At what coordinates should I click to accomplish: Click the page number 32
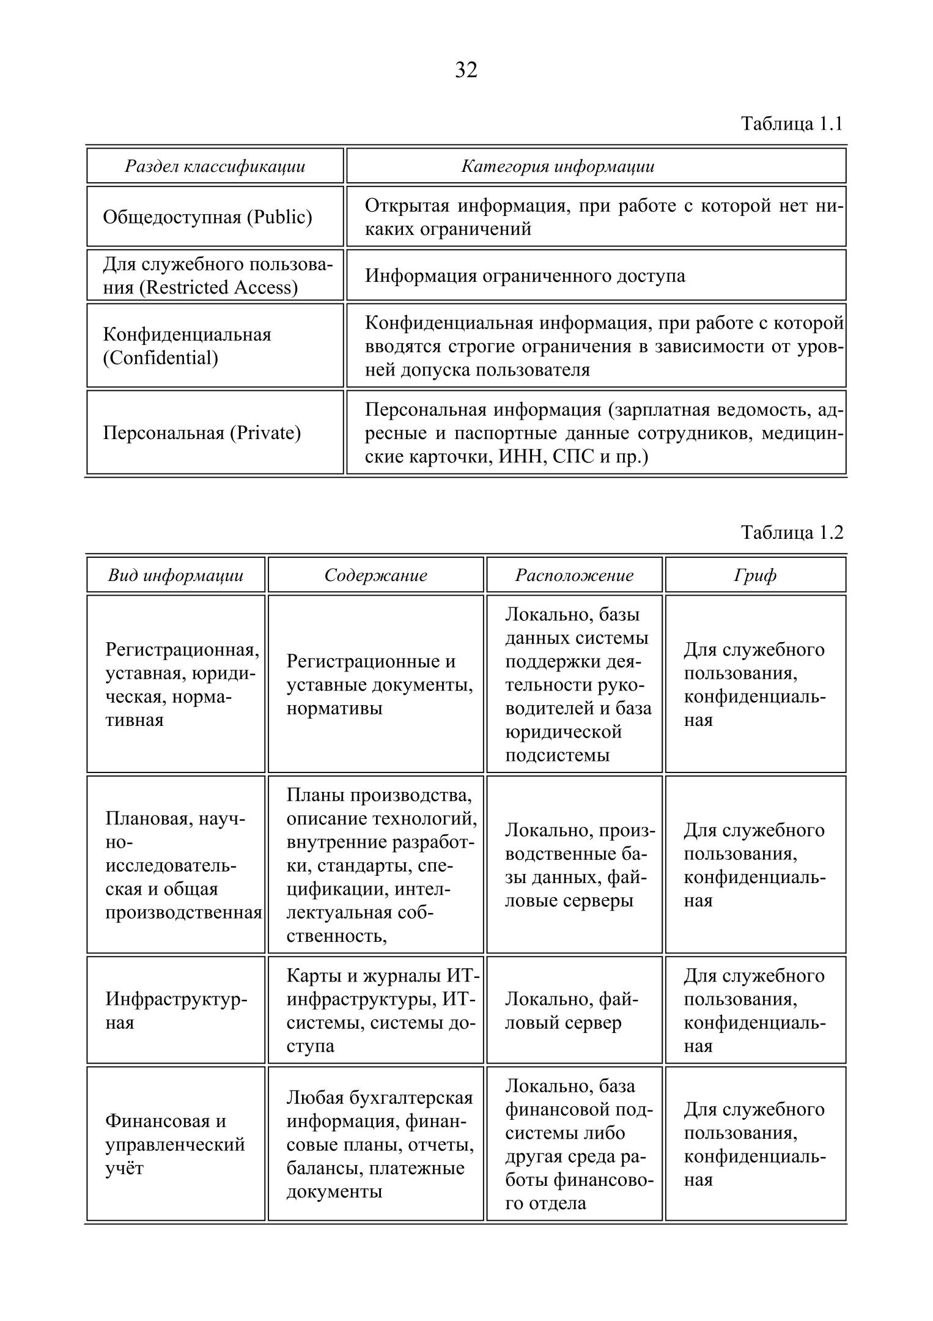(466, 70)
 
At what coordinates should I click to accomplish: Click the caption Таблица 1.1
(792, 124)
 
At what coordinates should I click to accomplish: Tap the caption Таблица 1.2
(792, 533)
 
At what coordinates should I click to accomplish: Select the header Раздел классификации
(215, 166)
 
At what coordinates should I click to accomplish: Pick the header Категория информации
(557, 166)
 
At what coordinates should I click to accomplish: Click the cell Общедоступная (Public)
(207, 217)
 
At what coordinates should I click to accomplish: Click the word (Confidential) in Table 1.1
(160, 358)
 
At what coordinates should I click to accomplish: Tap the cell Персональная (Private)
(202, 433)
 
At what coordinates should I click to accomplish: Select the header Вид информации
(175, 575)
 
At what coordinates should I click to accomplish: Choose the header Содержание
(375, 575)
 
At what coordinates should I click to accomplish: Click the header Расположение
(574, 575)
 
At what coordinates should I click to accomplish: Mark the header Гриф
(755, 575)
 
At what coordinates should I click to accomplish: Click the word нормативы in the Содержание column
(334, 708)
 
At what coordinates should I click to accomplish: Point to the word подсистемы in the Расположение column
(557, 755)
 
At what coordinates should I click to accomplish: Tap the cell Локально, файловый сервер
(571, 1011)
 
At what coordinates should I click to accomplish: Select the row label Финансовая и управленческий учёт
(175, 1145)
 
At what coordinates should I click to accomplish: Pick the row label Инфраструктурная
(176, 1011)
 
